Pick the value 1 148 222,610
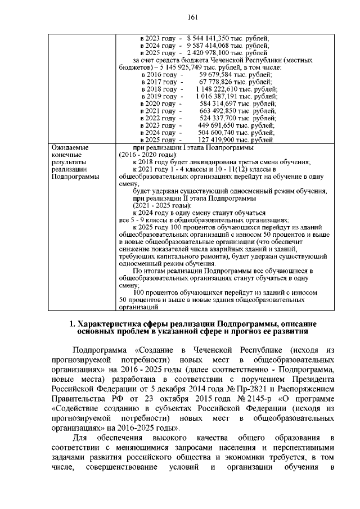(x=218, y=89)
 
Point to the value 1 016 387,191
(x=218, y=96)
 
